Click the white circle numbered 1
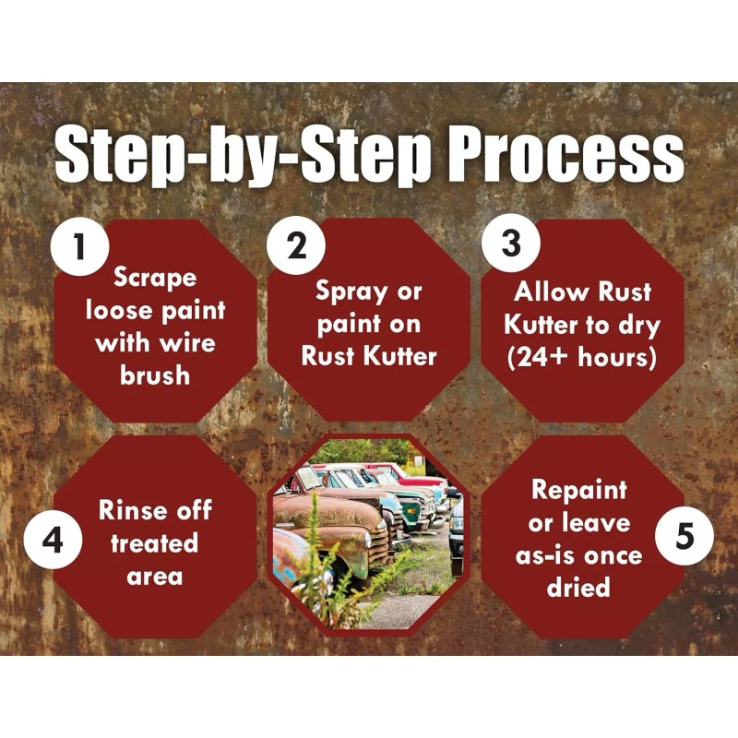(80, 246)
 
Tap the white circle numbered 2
(296, 245)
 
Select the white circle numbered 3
(511, 243)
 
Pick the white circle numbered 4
(53, 540)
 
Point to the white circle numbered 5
(684, 536)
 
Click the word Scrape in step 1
(155, 278)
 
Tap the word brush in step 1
(155, 375)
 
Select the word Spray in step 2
(349, 292)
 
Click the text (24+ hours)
(582, 357)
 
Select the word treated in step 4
(154, 543)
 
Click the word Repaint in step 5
(579, 491)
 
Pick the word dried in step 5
(578, 587)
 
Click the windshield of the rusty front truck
(308, 478)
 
